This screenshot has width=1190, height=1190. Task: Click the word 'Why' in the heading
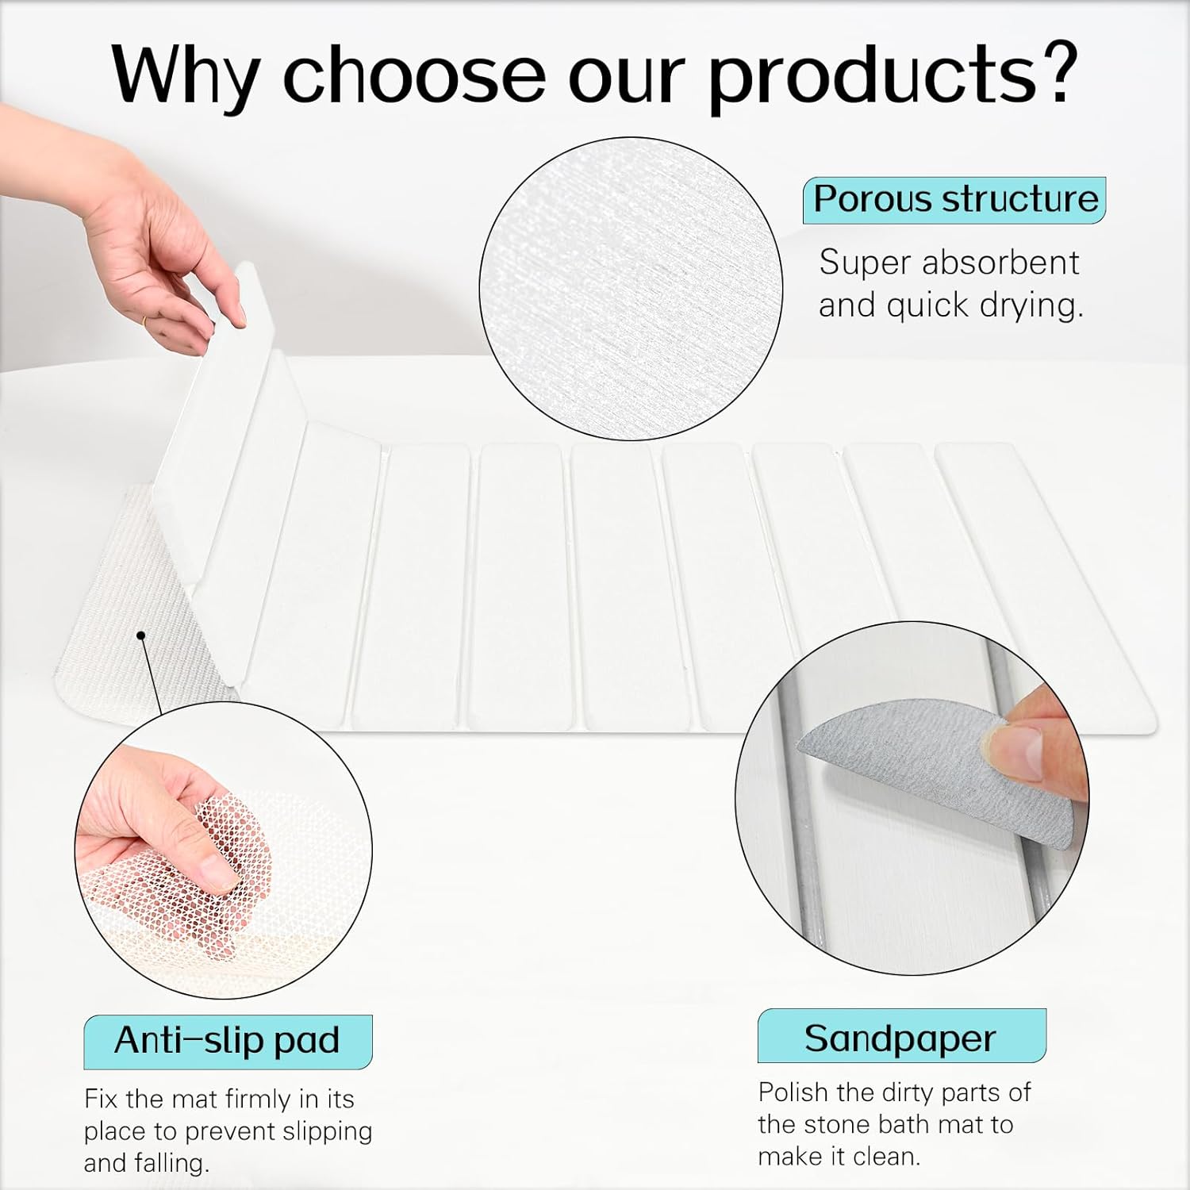(186, 73)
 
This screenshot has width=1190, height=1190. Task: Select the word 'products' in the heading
(873, 75)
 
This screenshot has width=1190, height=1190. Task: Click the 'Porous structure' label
(954, 199)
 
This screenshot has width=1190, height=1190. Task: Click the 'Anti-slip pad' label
(227, 1040)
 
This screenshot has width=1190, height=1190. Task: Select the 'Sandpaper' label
(900, 1038)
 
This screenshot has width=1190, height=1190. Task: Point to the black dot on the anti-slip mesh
(141, 635)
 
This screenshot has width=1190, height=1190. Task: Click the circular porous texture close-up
(631, 289)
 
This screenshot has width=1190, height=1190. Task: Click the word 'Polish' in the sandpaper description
(793, 1092)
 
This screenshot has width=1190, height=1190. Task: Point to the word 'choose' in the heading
(413, 73)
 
